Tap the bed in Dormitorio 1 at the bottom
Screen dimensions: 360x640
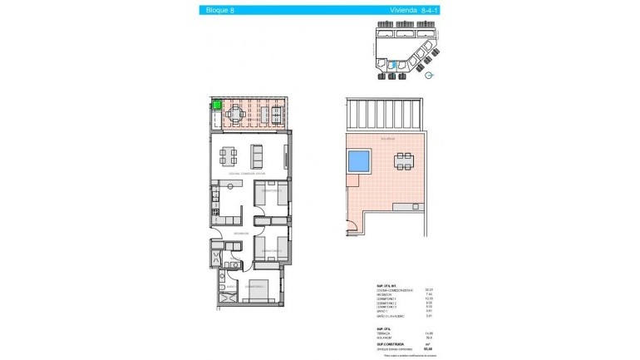pyautogui.click(x=260, y=291)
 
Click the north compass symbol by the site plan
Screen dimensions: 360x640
pyautogui.click(x=429, y=76)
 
